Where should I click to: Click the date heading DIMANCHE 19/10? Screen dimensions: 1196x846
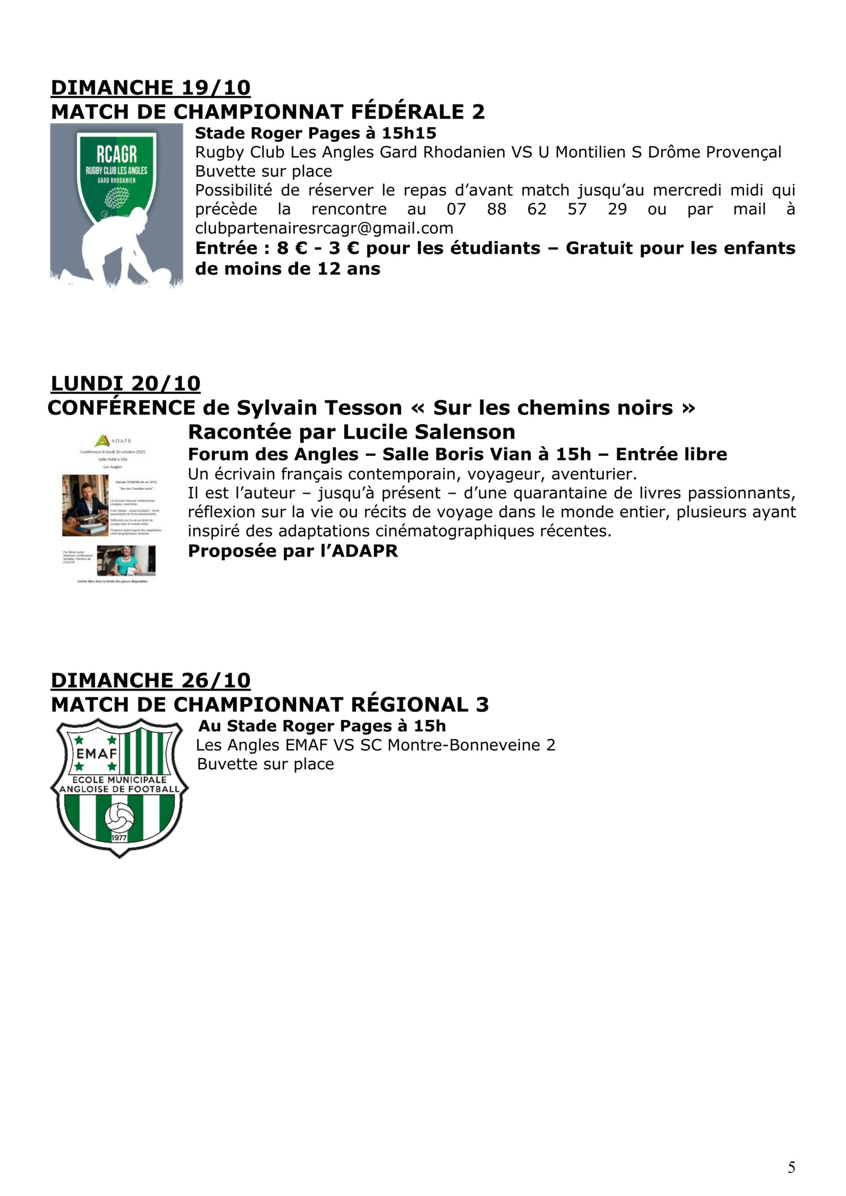coord(150,87)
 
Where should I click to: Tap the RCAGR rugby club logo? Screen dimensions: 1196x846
coord(116,172)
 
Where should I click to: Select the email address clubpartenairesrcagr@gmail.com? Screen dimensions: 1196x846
coord(324,228)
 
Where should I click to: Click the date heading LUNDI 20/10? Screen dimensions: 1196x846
coord(125,384)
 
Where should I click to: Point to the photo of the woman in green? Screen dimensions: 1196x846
coord(126,560)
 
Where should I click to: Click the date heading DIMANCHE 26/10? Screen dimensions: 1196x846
coord(150,680)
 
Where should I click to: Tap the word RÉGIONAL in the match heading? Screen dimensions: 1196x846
coord(409,705)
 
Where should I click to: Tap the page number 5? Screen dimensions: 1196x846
coord(791,1168)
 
